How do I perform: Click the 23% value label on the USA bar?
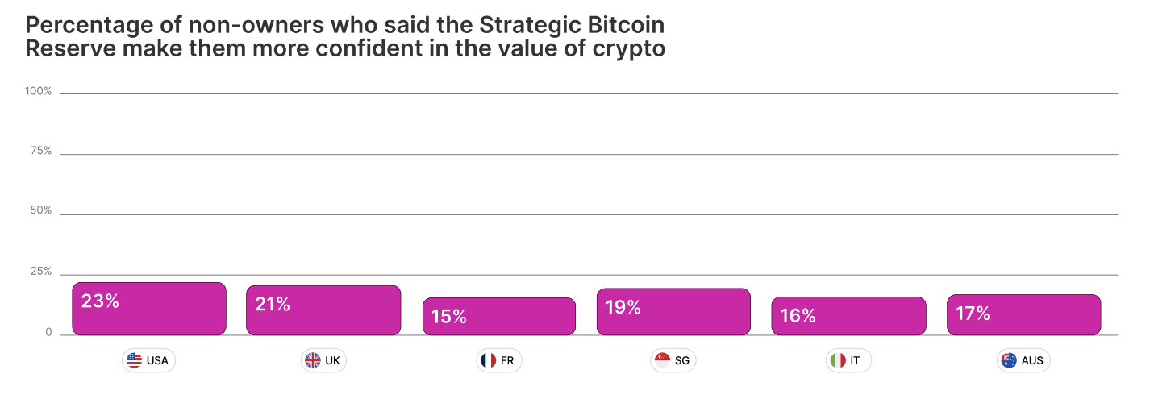click(101, 301)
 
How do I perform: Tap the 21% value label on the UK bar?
click(273, 305)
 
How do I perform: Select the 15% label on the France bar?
click(449, 316)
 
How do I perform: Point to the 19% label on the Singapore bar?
click(623, 307)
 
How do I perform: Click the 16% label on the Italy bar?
click(798, 316)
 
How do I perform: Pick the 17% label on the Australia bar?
click(973, 314)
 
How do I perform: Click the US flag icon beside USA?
click(135, 360)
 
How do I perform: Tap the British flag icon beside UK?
click(312, 360)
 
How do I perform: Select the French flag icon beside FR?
click(487, 360)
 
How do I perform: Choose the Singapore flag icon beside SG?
click(662, 360)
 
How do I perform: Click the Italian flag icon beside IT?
click(838, 360)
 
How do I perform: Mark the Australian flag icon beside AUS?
click(1009, 360)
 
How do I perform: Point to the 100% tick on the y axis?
click(38, 92)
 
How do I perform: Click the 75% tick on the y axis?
click(40, 152)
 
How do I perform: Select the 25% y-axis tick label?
click(40, 272)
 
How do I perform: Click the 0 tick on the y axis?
click(48, 332)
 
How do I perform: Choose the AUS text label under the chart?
click(1032, 360)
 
